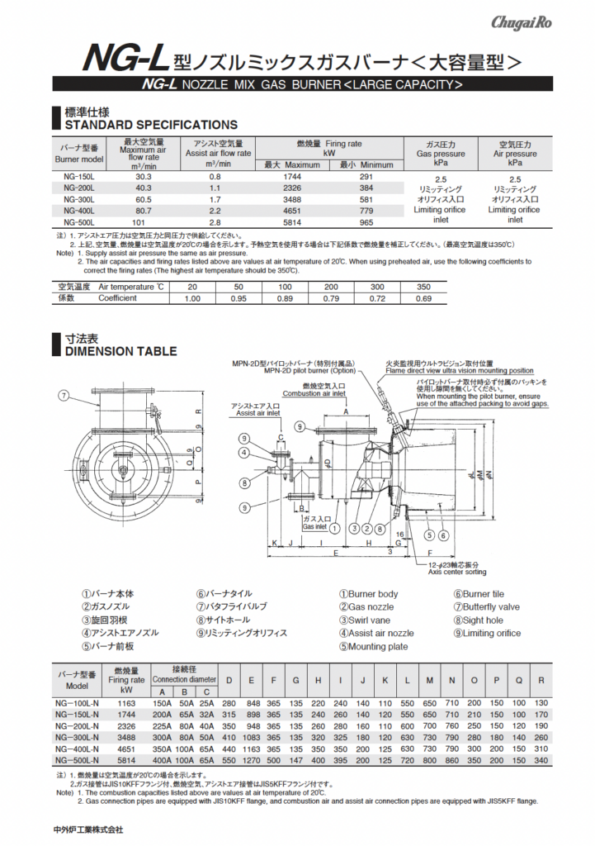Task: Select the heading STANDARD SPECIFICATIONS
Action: pyautogui.click(x=150, y=125)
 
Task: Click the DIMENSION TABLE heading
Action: pyautogui.click(x=120, y=351)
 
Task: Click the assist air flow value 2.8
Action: pyautogui.click(x=215, y=222)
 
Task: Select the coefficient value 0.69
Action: pyautogui.click(x=423, y=298)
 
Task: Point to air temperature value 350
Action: pyautogui.click(x=423, y=287)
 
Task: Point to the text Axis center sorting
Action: pyautogui.click(x=454, y=572)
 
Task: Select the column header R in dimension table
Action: pyautogui.click(x=541, y=680)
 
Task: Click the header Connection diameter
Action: pyautogui.click(x=183, y=679)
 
